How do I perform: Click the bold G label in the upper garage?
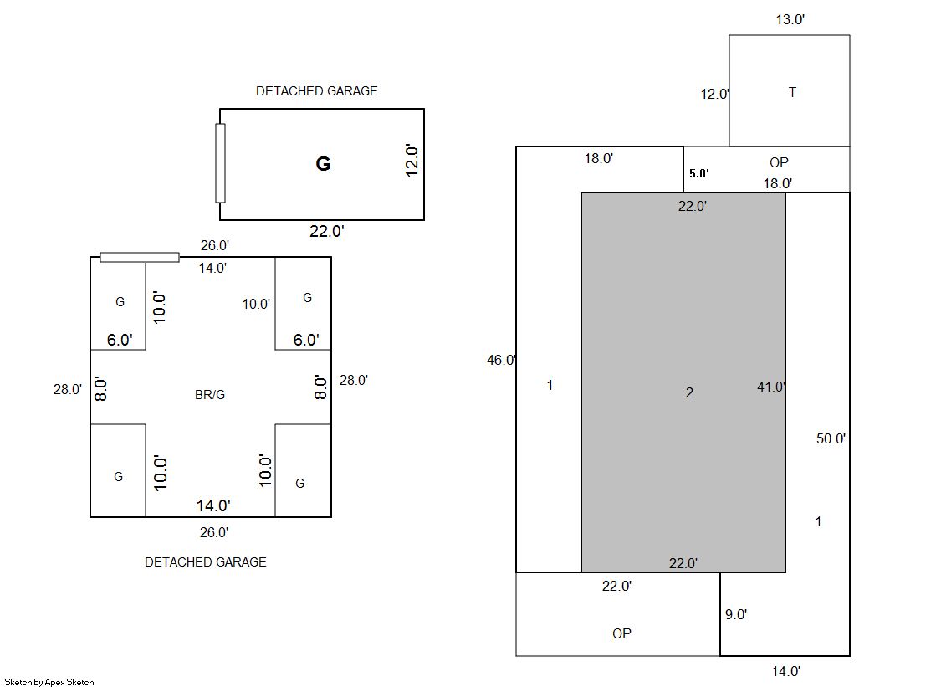pyautogui.click(x=323, y=164)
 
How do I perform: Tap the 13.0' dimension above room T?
pyautogui.click(x=790, y=19)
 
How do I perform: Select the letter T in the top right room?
pyautogui.click(x=792, y=92)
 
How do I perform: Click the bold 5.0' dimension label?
pyautogui.click(x=698, y=173)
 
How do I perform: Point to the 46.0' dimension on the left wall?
pyautogui.click(x=502, y=361)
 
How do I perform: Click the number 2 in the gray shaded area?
pyautogui.click(x=689, y=392)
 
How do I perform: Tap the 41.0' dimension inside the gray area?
pyautogui.click(x=771, y=387)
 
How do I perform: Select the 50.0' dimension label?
pyautogui.click(x=831, y=438)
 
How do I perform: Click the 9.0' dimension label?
pyautogui.click(x=735, y=614)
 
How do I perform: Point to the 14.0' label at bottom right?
pyautogui.click(x=785, y=670)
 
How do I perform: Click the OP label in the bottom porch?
pyautogui.click(x=621, y=633)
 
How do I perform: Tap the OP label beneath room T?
pyautogui.click(x=779, y=162)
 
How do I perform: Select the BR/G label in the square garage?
pyautogui.click(x=210, y=395)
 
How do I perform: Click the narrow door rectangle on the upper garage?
pyautogui.click(x=220, y=163)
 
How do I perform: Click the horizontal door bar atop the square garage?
pyautogui.click(x=140, y=257)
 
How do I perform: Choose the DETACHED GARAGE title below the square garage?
pyautogui.click(x=206, y=562)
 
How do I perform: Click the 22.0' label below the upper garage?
pyautogui.click(x=326, y=232)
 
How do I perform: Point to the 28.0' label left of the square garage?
pyautogui.click(x=68, y=389)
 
